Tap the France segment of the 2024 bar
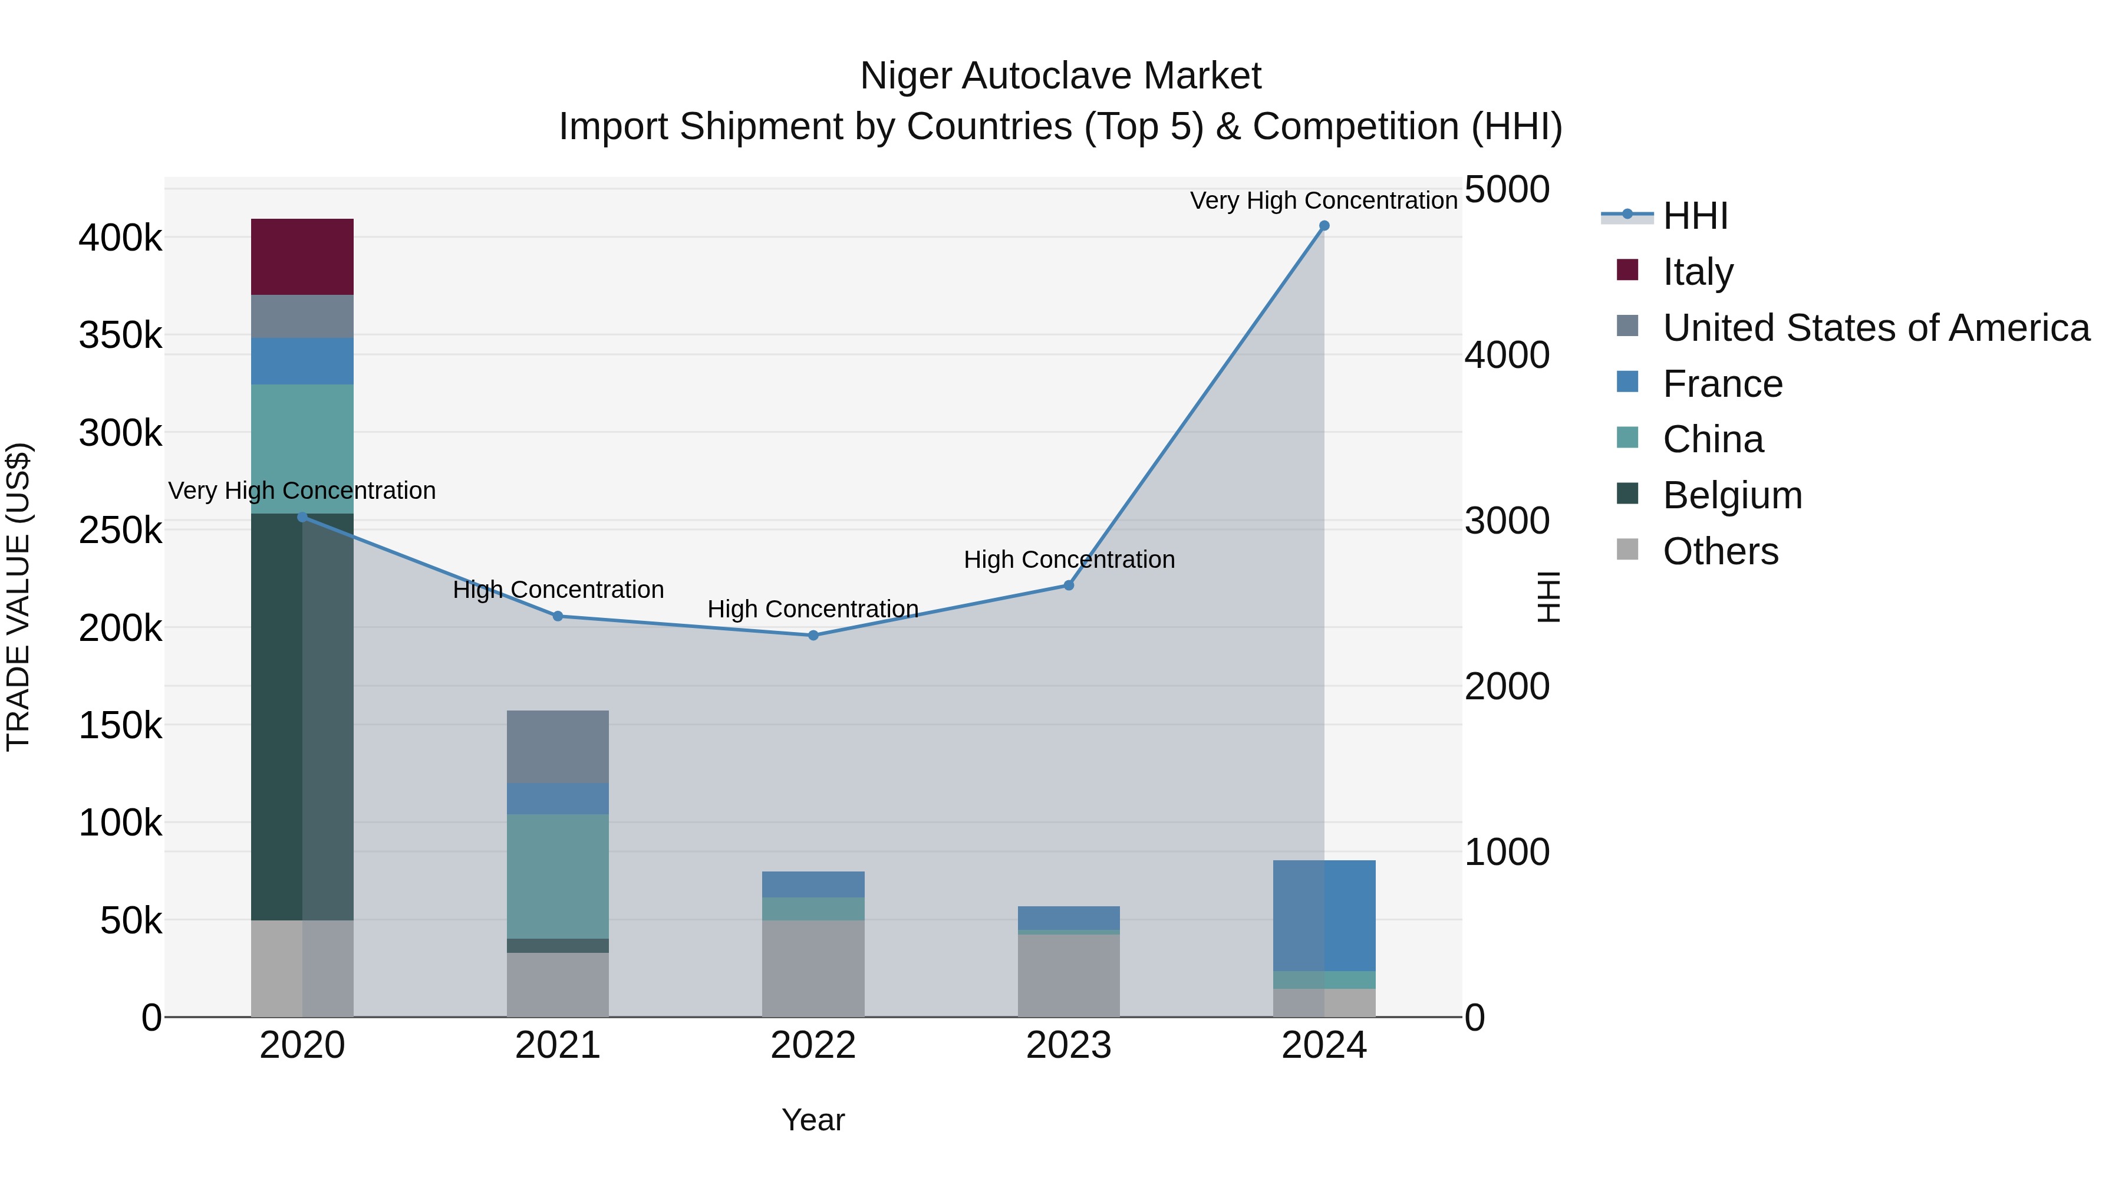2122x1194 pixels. (x=1324, y=915)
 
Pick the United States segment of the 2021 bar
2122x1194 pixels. (x=557, y=746)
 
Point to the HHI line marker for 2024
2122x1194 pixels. (x=1324, y=226)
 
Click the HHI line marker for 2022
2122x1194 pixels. (x=813, y=635)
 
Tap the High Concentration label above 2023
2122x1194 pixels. (x=1069, y=560)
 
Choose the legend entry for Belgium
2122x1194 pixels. (x=1732, y=495)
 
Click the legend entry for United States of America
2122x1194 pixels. (x=1875, y=328)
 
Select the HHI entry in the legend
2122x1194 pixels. (x=1695, y=216)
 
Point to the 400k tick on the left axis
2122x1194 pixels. (x=120, y=238)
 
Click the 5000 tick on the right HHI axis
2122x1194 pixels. (x=1507, y=189)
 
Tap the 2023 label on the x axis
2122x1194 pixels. (x=1069, y=1045)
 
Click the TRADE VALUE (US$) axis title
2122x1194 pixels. (x=18, y=597)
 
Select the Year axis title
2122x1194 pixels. (x=813, y=1120)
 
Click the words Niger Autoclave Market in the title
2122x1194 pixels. (x=1060, y=76)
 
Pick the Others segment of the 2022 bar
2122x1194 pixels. (x=813, y=968)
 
